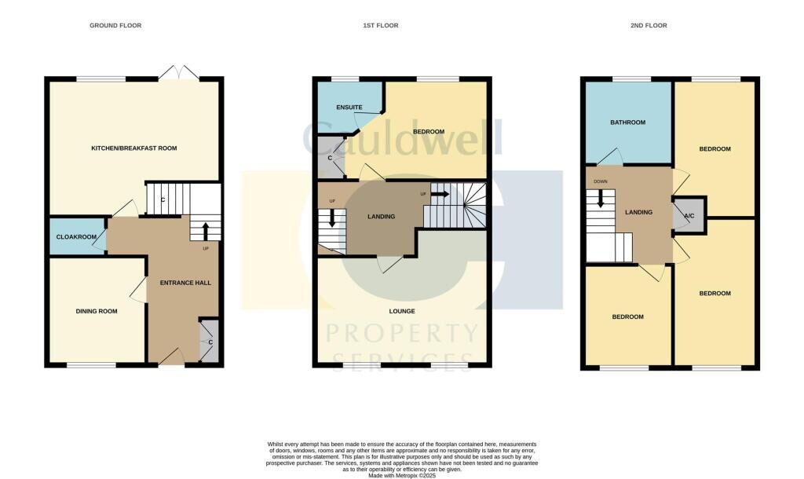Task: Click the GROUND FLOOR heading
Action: click(115, 26)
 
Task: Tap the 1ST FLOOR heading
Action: click(380, 26)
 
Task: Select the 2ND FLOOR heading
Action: click(649, 26)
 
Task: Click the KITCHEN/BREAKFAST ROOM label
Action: click(134, 148)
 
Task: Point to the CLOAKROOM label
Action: click(76, 236)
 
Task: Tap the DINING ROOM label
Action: click(97, 311)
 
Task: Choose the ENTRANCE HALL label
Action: click(185, 283)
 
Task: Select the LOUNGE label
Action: click(401, 311)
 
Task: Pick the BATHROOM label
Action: click(628, 122)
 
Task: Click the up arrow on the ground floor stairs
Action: click(206, 230)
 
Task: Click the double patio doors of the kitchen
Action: click(179, 73)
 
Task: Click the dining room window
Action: click(91, 365)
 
